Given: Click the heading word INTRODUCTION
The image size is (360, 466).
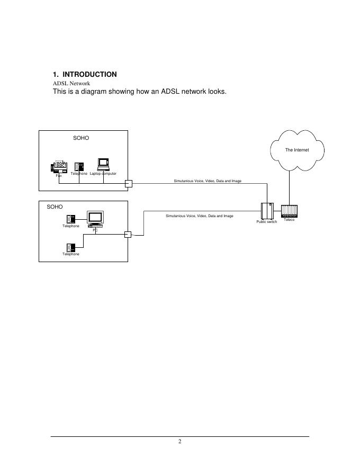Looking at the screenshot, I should [x=89, y=74].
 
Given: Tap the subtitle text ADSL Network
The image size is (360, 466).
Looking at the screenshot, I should [x=71, y=83].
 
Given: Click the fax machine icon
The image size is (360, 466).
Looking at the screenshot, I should [x=59, y=166].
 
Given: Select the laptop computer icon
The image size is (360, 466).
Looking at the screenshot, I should [x=103, y=165].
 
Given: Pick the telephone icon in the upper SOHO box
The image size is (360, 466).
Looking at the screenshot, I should [x=79, y=167].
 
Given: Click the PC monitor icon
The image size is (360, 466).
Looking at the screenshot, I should [x=95, y=219].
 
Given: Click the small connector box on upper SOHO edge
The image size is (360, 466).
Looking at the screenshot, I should [x=128, y=184].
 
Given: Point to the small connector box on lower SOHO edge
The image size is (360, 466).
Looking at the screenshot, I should [x=127, y=235].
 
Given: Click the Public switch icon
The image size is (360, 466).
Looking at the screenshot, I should [x=267, y=211].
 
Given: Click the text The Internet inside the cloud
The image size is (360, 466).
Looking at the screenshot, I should [x=296, y=150].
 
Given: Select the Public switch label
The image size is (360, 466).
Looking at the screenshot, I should [x=267, y=222].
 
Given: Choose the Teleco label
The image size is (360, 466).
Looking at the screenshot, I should [x=289, y=220].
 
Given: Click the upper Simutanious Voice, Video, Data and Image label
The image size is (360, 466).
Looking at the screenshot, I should [x=208, y=181].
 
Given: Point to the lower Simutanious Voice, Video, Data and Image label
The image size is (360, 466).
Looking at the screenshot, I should [x=199, y=216].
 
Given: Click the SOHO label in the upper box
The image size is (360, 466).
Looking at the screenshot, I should [x=81, y=138].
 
